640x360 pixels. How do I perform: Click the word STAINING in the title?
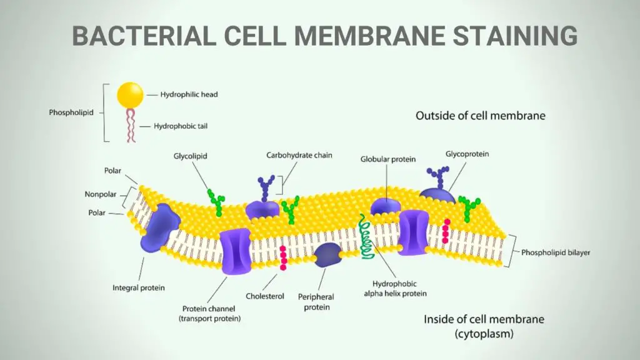515,36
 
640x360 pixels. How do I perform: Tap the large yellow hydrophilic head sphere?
130,95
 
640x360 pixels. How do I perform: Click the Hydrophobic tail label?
181,126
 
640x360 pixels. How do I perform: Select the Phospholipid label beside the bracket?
71,112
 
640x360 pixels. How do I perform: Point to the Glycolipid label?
190,156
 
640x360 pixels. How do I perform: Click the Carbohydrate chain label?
299,155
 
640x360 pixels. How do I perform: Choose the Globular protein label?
387,159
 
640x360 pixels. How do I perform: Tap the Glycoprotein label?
467,154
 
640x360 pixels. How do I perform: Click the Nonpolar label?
101,194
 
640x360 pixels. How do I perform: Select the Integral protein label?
138,287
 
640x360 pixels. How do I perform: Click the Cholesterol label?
264,296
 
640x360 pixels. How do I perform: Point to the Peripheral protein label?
316,302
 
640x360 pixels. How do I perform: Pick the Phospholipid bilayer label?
556,252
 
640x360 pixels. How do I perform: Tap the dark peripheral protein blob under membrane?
327,255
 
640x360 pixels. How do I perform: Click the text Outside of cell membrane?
481,116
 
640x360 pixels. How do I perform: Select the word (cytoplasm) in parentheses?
484,334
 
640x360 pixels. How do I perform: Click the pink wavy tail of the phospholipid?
131,125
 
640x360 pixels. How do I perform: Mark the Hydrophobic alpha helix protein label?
395,289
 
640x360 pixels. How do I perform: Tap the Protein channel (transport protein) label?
209,314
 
